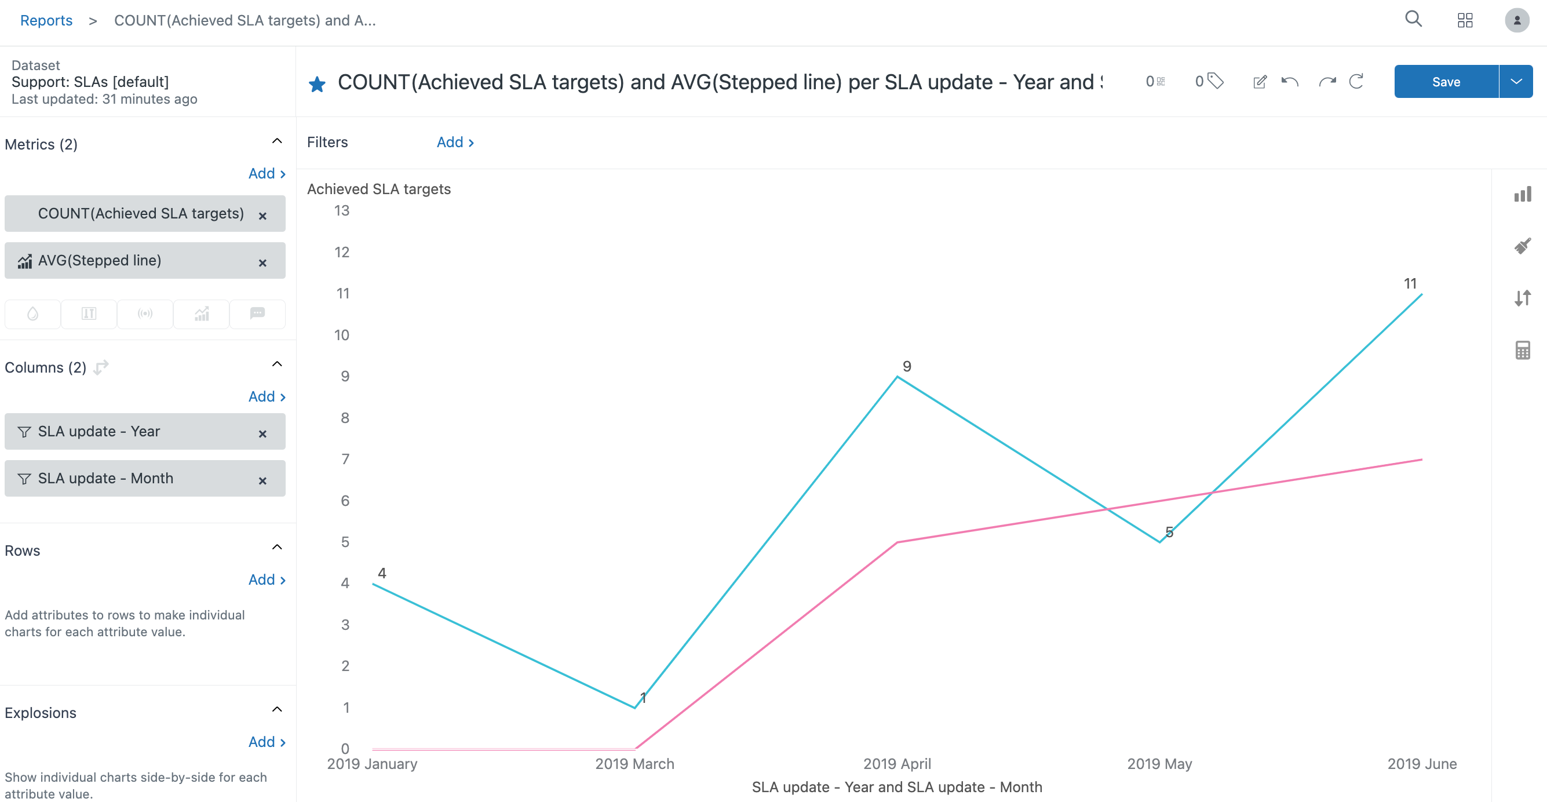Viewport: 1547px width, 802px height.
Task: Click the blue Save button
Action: pos(1445,82)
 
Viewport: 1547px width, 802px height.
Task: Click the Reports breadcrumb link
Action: pos(46,20)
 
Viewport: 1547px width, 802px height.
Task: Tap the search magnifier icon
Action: pos(1413,19)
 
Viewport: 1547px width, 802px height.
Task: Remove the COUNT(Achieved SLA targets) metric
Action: pos(262,216)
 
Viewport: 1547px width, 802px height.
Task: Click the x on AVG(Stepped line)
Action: pos(262,263)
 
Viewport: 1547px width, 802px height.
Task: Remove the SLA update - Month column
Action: pos(262,480)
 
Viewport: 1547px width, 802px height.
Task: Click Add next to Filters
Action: pos(455,143)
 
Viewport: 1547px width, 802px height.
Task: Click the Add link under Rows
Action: pos(267,579)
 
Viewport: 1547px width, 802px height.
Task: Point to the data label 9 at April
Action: pos(907,366)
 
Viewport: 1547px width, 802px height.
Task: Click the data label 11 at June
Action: pos(1410,283)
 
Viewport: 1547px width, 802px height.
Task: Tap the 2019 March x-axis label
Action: pos(634,764)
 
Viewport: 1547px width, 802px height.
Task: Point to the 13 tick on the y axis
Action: pos(342,211)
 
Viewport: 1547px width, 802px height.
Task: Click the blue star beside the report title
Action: pos(317,84)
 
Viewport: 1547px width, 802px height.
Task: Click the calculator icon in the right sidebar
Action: pos(1523,349)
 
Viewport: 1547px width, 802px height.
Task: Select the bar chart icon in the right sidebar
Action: pos(1523,194)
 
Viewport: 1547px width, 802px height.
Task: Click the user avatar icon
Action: pos(1516,20)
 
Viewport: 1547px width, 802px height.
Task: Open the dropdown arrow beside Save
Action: pos(1516,82)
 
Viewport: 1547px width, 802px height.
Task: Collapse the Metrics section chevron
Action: pos(277,141)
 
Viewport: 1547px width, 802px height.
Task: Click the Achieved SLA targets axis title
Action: pos(378,189)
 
